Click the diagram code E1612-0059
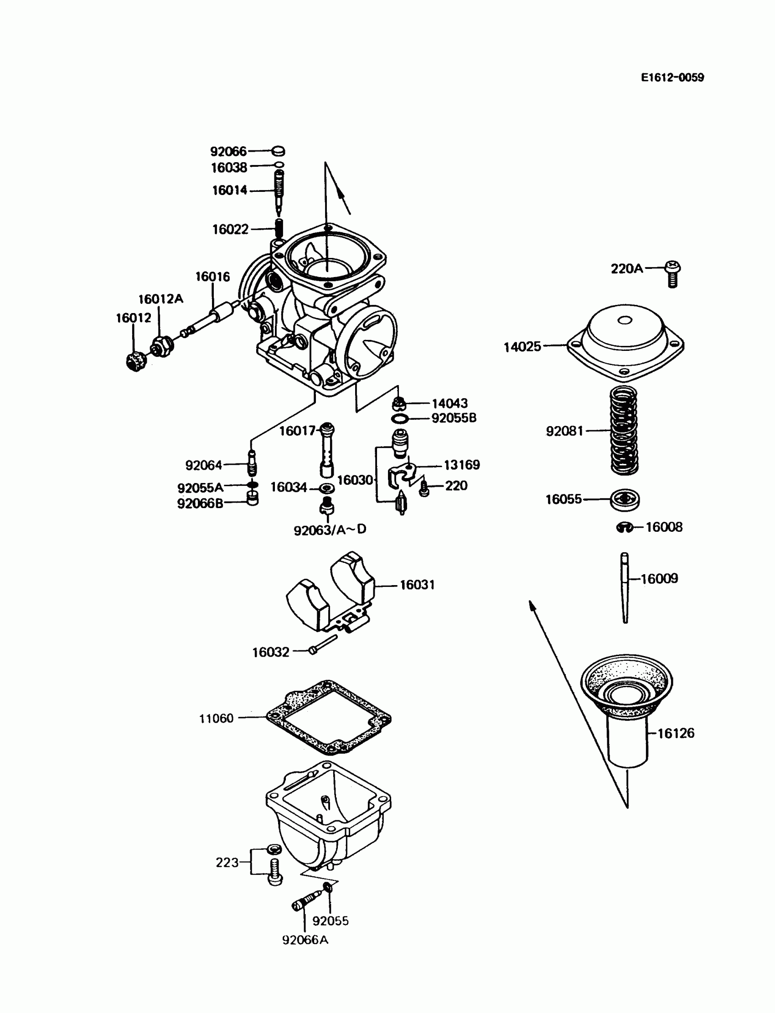pos(672,77)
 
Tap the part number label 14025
pos(522,347)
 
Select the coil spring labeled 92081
pos(624,431)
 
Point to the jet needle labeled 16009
pos(625,587)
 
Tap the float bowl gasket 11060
pos(328,717)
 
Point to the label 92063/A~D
pos(330,530)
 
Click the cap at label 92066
pos(278,151)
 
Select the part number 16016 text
pos(212,277)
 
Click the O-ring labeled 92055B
pos(399,419)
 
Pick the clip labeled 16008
pos(625,527)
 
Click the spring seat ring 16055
pos(625,499)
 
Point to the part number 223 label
pos(227,863)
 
